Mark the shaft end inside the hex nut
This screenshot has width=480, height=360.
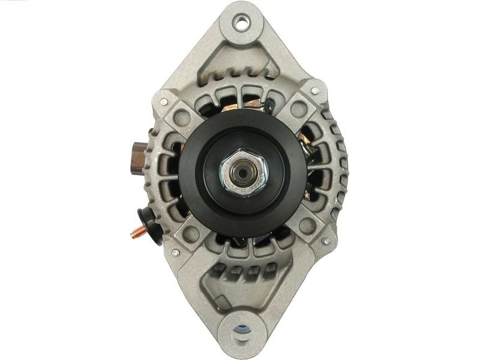[x=243, y=170]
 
